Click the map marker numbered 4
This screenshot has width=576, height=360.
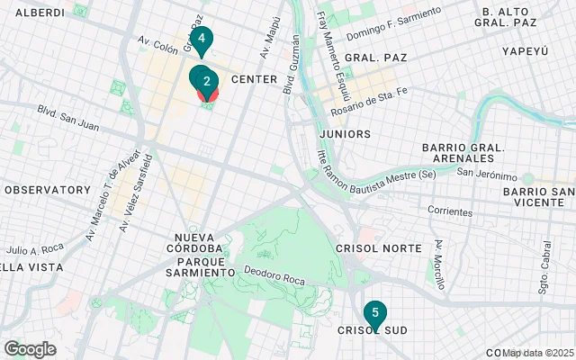(x=202, y=40)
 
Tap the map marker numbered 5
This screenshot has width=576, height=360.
(x=374, y=313)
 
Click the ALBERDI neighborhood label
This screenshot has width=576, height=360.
(x=40, y=13)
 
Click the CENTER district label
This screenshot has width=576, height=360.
(x=254, y=80)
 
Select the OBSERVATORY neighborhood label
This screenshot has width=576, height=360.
(x=47, y=190)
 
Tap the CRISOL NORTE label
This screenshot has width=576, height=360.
(x=378, y=247)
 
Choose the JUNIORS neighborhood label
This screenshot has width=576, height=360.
(x=345, y=134)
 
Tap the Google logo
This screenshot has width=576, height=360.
(x=30, y=349)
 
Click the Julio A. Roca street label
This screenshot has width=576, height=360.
(x=34, y=248)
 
